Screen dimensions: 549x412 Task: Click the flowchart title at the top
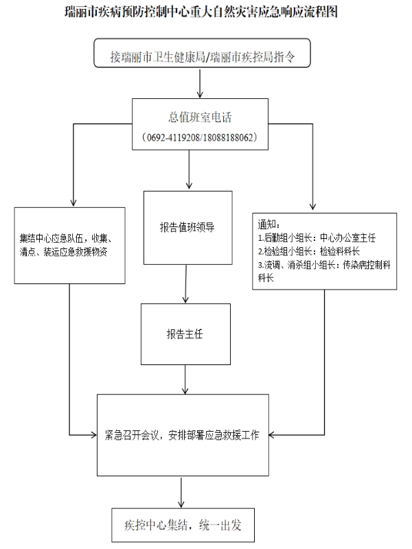(x=205, y=12)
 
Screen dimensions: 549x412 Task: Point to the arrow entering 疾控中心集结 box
(x=182, y=493)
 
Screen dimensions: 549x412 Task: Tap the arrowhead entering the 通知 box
(x=314, y=207)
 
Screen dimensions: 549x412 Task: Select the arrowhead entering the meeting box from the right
(x=271, y=434)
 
